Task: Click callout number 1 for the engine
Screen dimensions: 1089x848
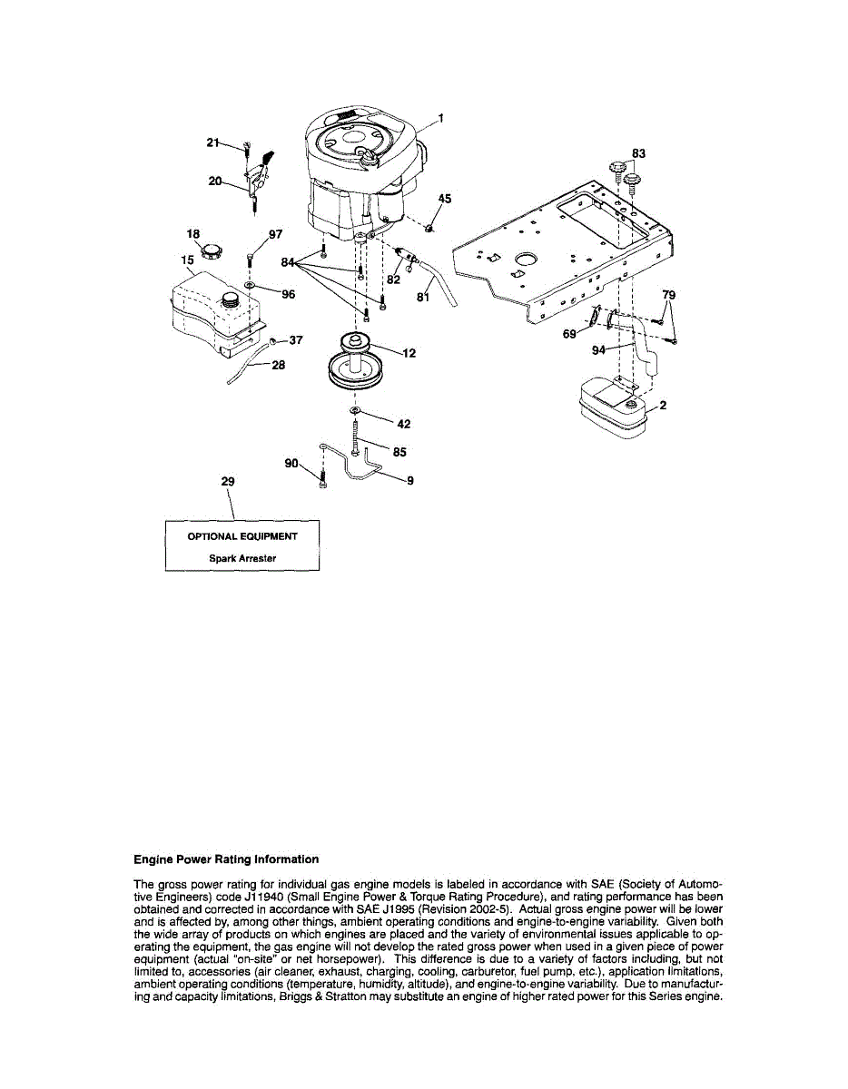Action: coord(440,117)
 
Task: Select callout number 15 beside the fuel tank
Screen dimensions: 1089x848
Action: coord(187,260)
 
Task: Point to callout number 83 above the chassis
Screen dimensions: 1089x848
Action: coord(639,153)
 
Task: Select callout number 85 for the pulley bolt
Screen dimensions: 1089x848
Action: coord(399,450)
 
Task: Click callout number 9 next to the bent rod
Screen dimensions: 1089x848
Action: coord(410,481)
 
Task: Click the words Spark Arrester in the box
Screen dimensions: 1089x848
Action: coord(242,558)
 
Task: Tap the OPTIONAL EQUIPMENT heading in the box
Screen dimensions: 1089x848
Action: coord(242,536)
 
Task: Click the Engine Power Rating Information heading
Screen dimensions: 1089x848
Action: coord(226,858)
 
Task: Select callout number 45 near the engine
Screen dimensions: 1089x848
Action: coord(445,199)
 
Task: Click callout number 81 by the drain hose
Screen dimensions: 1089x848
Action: coord(422,296)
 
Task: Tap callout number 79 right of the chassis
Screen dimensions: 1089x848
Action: coord(669,295)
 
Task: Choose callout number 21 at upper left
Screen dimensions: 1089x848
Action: coord(212,142)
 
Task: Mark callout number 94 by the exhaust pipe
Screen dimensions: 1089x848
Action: coord(597,348)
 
